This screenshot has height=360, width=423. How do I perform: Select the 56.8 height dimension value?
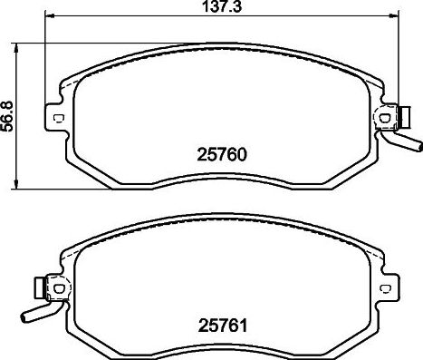pos(8,115)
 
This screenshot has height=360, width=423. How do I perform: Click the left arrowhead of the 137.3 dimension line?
pos(48,17)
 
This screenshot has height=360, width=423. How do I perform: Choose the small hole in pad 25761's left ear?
pos(60,287)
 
